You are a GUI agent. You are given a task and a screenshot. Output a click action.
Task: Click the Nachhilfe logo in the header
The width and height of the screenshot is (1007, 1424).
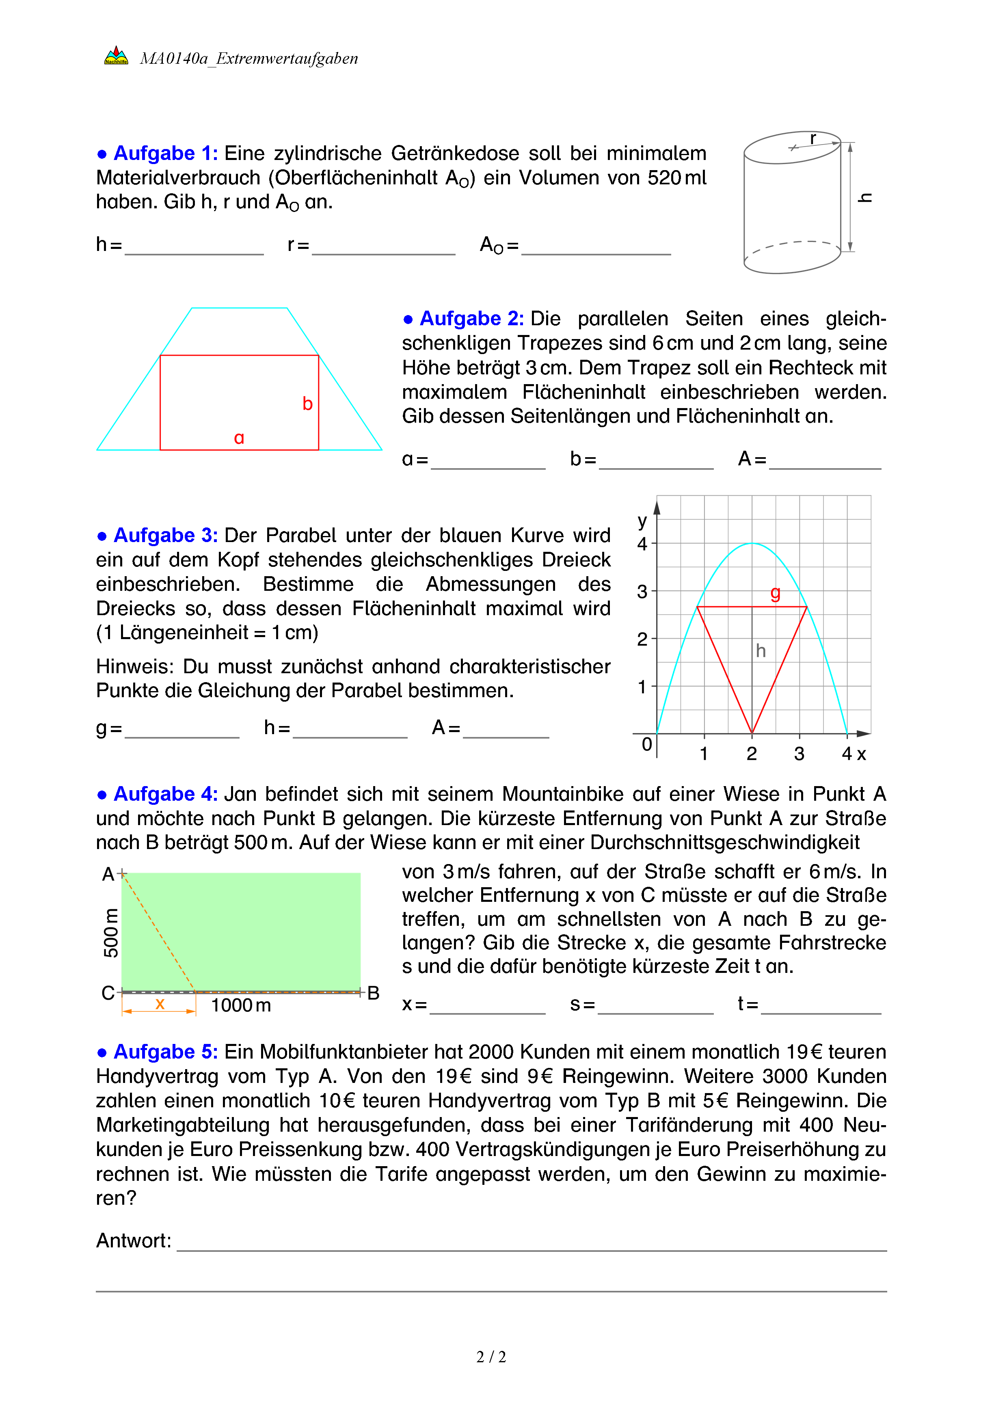tap(116, 56)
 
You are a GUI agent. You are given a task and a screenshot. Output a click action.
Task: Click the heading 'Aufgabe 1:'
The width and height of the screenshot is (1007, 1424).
tap(165, 153)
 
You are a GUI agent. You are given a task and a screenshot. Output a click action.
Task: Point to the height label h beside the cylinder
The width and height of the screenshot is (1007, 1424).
tap(865, 198)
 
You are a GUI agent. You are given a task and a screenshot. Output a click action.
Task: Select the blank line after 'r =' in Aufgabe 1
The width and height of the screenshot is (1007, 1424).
tap(383, 248)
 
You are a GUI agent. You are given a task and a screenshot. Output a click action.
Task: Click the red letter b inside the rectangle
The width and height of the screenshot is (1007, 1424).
tap(307, 404)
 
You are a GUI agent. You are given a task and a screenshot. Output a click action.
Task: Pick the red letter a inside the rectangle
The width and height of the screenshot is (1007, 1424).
tap(239, 438)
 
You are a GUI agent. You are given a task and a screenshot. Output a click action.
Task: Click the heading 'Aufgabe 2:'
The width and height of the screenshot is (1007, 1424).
tap(471, 319)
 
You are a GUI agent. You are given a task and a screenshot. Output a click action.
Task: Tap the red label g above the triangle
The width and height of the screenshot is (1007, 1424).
tap(775, 592)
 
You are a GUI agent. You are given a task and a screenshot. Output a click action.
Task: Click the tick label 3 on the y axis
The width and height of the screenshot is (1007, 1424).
tap(642, 592)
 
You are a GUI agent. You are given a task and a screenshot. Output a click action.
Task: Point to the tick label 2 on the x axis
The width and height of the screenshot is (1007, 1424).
tap(752, 754)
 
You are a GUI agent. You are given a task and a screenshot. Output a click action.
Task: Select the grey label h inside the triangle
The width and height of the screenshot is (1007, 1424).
tap(761, 650)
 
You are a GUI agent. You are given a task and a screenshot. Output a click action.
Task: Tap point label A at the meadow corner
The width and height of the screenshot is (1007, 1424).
tap(108, 874)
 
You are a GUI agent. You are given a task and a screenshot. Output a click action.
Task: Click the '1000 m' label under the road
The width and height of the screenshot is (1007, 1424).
tap(241, 1005)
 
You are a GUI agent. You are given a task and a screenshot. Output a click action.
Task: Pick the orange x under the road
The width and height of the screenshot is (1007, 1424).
tap(160, 1003)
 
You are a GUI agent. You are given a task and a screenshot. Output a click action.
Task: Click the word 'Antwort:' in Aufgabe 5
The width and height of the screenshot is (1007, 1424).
tap(133, 1240)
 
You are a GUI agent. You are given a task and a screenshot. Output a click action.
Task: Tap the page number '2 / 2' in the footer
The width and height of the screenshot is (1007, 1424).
tap(491, 1357)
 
